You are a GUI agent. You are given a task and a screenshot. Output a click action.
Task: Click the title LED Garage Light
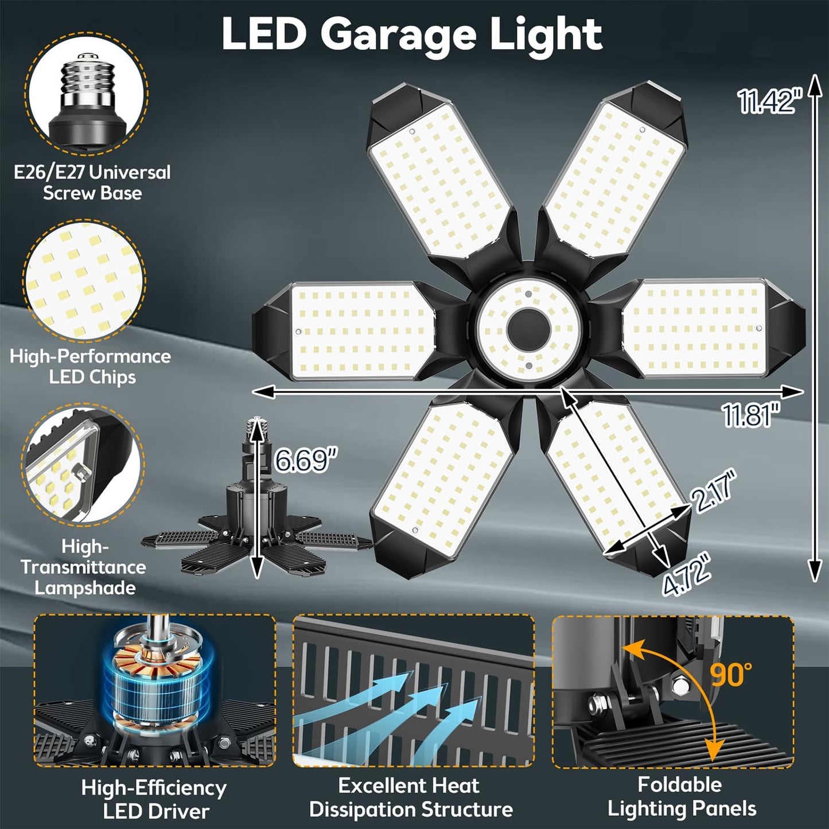pyautogui.click(x=411, y=34)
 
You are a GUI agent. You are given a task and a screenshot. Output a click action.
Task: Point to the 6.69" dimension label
pyautogui.click(x=305, y=459)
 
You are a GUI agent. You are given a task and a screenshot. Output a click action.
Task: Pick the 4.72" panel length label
pyautogui.click(x=687, y=575)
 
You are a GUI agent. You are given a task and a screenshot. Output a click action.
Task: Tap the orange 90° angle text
pyautogui.click(x=731, y=675)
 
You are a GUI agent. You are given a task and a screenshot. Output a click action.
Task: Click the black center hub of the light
pyautogui.click(x=528, y=330)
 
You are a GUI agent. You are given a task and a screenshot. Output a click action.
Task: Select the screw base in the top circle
pyautogui.click(x=86, y=100)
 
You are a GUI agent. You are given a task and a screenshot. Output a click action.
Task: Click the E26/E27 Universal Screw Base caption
pyautogui.click(x=92, y=182)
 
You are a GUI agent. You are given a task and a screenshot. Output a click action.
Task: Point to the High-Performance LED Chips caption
pyautogui.click(x=91, y=367)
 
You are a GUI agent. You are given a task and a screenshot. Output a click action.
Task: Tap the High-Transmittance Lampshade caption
pyautogui.click(x=84, y=567)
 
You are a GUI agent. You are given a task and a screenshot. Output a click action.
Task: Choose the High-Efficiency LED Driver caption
pyautogui.click(x=154, y=799)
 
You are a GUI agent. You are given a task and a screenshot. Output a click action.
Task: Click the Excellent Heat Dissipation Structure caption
pyautogui.click(x=411, y=797)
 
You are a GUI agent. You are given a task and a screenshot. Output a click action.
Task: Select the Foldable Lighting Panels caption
pyautogui.click(x=681, y=796)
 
